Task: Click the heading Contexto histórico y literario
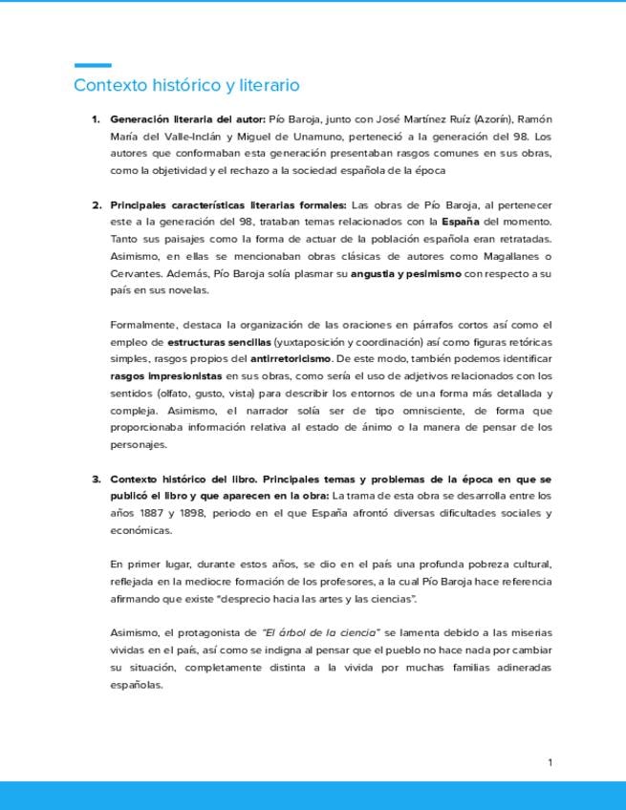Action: click(186, 86)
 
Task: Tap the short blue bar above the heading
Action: click(93, 66)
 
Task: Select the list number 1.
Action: click(96, 119)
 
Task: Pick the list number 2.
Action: click(96, 205)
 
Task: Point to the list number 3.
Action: click(96, 479)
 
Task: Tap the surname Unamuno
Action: click(327, 137)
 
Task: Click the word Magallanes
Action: click(512, 257)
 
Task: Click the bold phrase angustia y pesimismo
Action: click(406, 274)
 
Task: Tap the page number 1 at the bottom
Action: click(550, 762)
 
